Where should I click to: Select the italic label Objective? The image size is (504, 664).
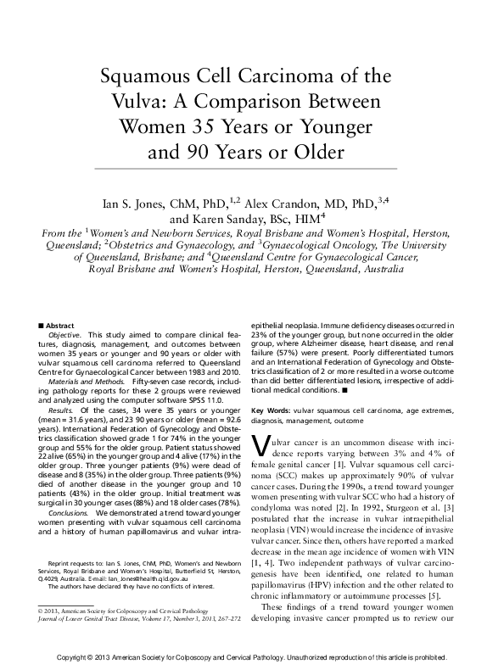pyautogui.click(x=64, y=336)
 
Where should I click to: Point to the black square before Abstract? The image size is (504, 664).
pyautogui.click(x=42, y=326)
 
